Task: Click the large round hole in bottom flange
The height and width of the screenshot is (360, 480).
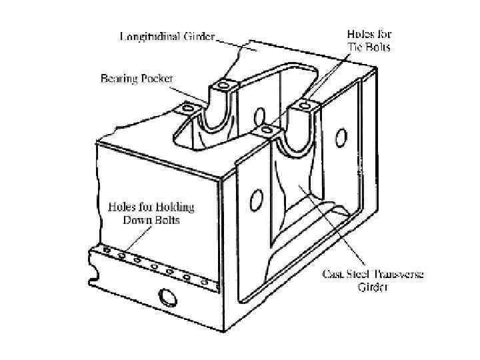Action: point(163,295)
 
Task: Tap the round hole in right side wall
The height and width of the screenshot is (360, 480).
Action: point(341,138)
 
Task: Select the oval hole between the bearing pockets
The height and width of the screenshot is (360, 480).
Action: point(259,115)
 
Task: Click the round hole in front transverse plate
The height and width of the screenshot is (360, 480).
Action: point(254,199)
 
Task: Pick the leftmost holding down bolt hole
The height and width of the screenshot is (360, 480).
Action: point(107,251)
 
